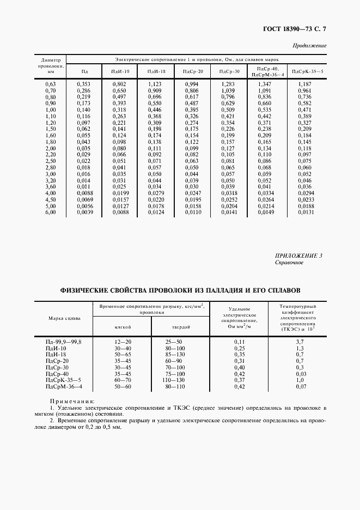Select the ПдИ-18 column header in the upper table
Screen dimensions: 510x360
click(x=155, y=71)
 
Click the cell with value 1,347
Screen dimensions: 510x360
click(x=264, y=84)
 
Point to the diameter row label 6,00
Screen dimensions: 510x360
click(x=51, y=212)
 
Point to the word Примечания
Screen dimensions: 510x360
click(x=67, y=400)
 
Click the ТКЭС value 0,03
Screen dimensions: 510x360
click(x=299, y=373)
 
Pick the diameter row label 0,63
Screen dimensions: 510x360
click(x=51, y=84)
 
